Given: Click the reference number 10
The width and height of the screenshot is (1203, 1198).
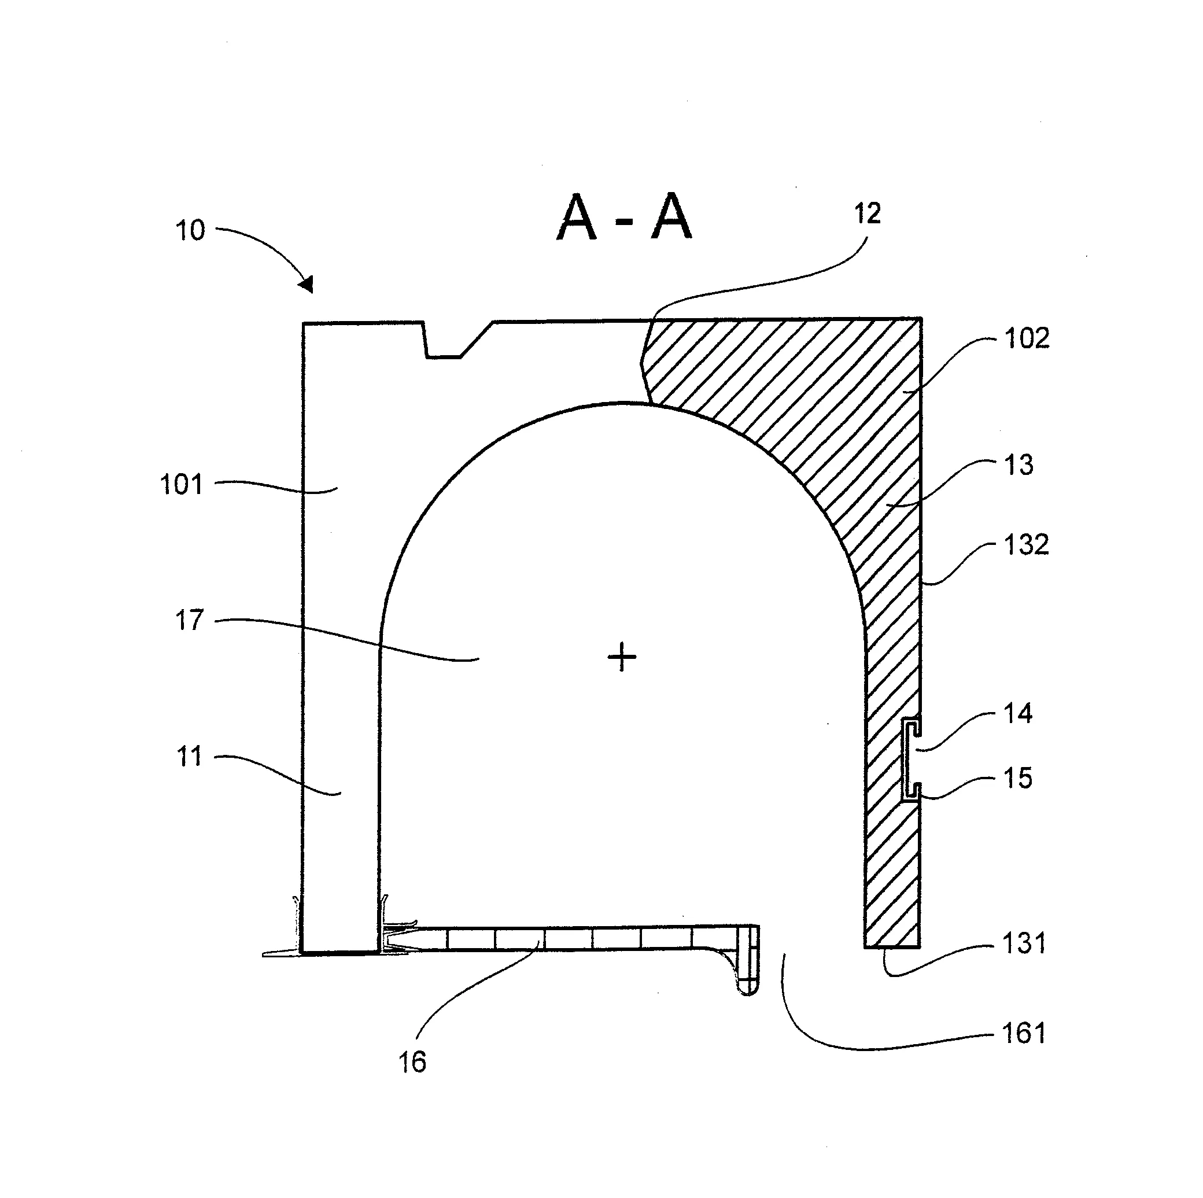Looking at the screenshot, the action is [x=190, y=230].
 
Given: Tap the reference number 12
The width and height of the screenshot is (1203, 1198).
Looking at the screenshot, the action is [x=868, y=214].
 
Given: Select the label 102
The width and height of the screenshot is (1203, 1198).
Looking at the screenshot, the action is [x=1027, y=339].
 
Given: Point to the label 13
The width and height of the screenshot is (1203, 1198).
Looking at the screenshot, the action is [x=1019, y=465].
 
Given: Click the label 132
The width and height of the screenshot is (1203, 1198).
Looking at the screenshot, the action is [x=1027, y=545].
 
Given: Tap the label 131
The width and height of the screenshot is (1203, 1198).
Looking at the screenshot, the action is [x=1024, y=944].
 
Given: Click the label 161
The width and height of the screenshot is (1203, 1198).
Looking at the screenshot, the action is [x=1024, y=1034].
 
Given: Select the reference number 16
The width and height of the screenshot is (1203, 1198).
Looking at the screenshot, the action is [x=412, y=1062].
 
